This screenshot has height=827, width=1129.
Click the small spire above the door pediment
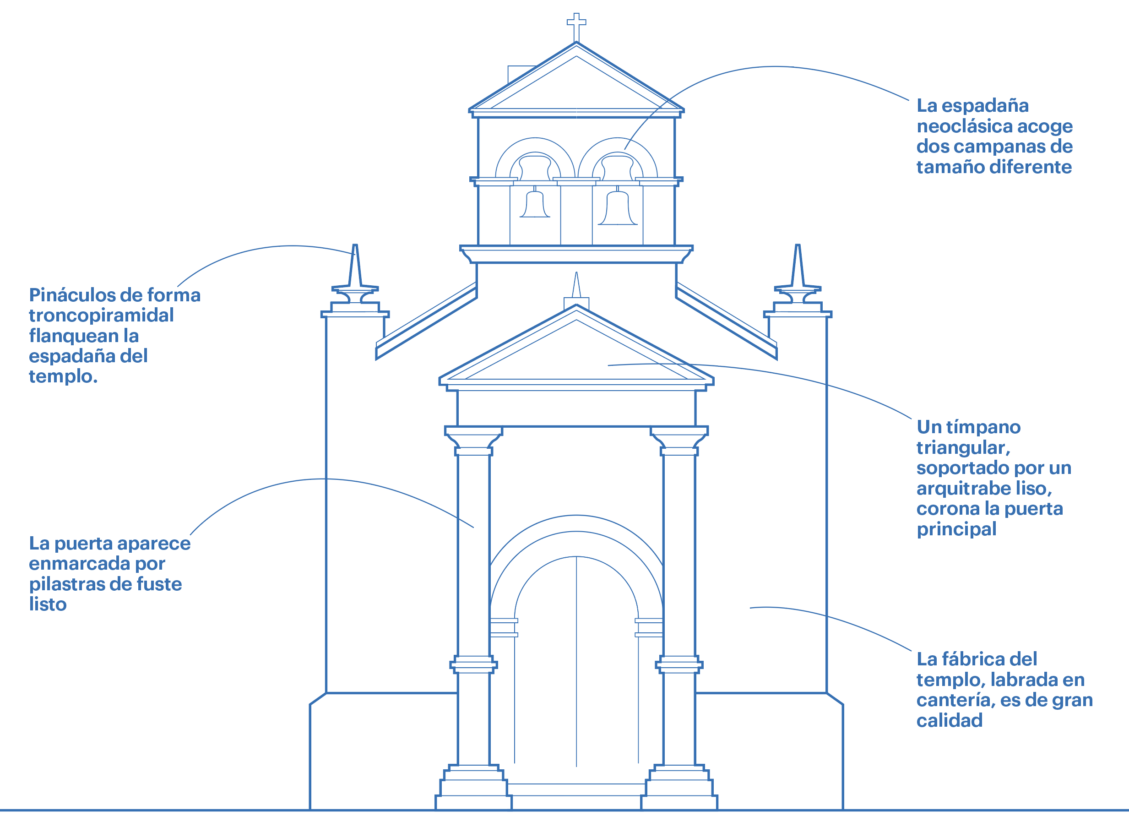point(576,286)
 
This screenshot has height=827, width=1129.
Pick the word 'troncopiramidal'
point(101,316)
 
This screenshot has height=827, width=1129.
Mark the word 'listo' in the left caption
point(48,605)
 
